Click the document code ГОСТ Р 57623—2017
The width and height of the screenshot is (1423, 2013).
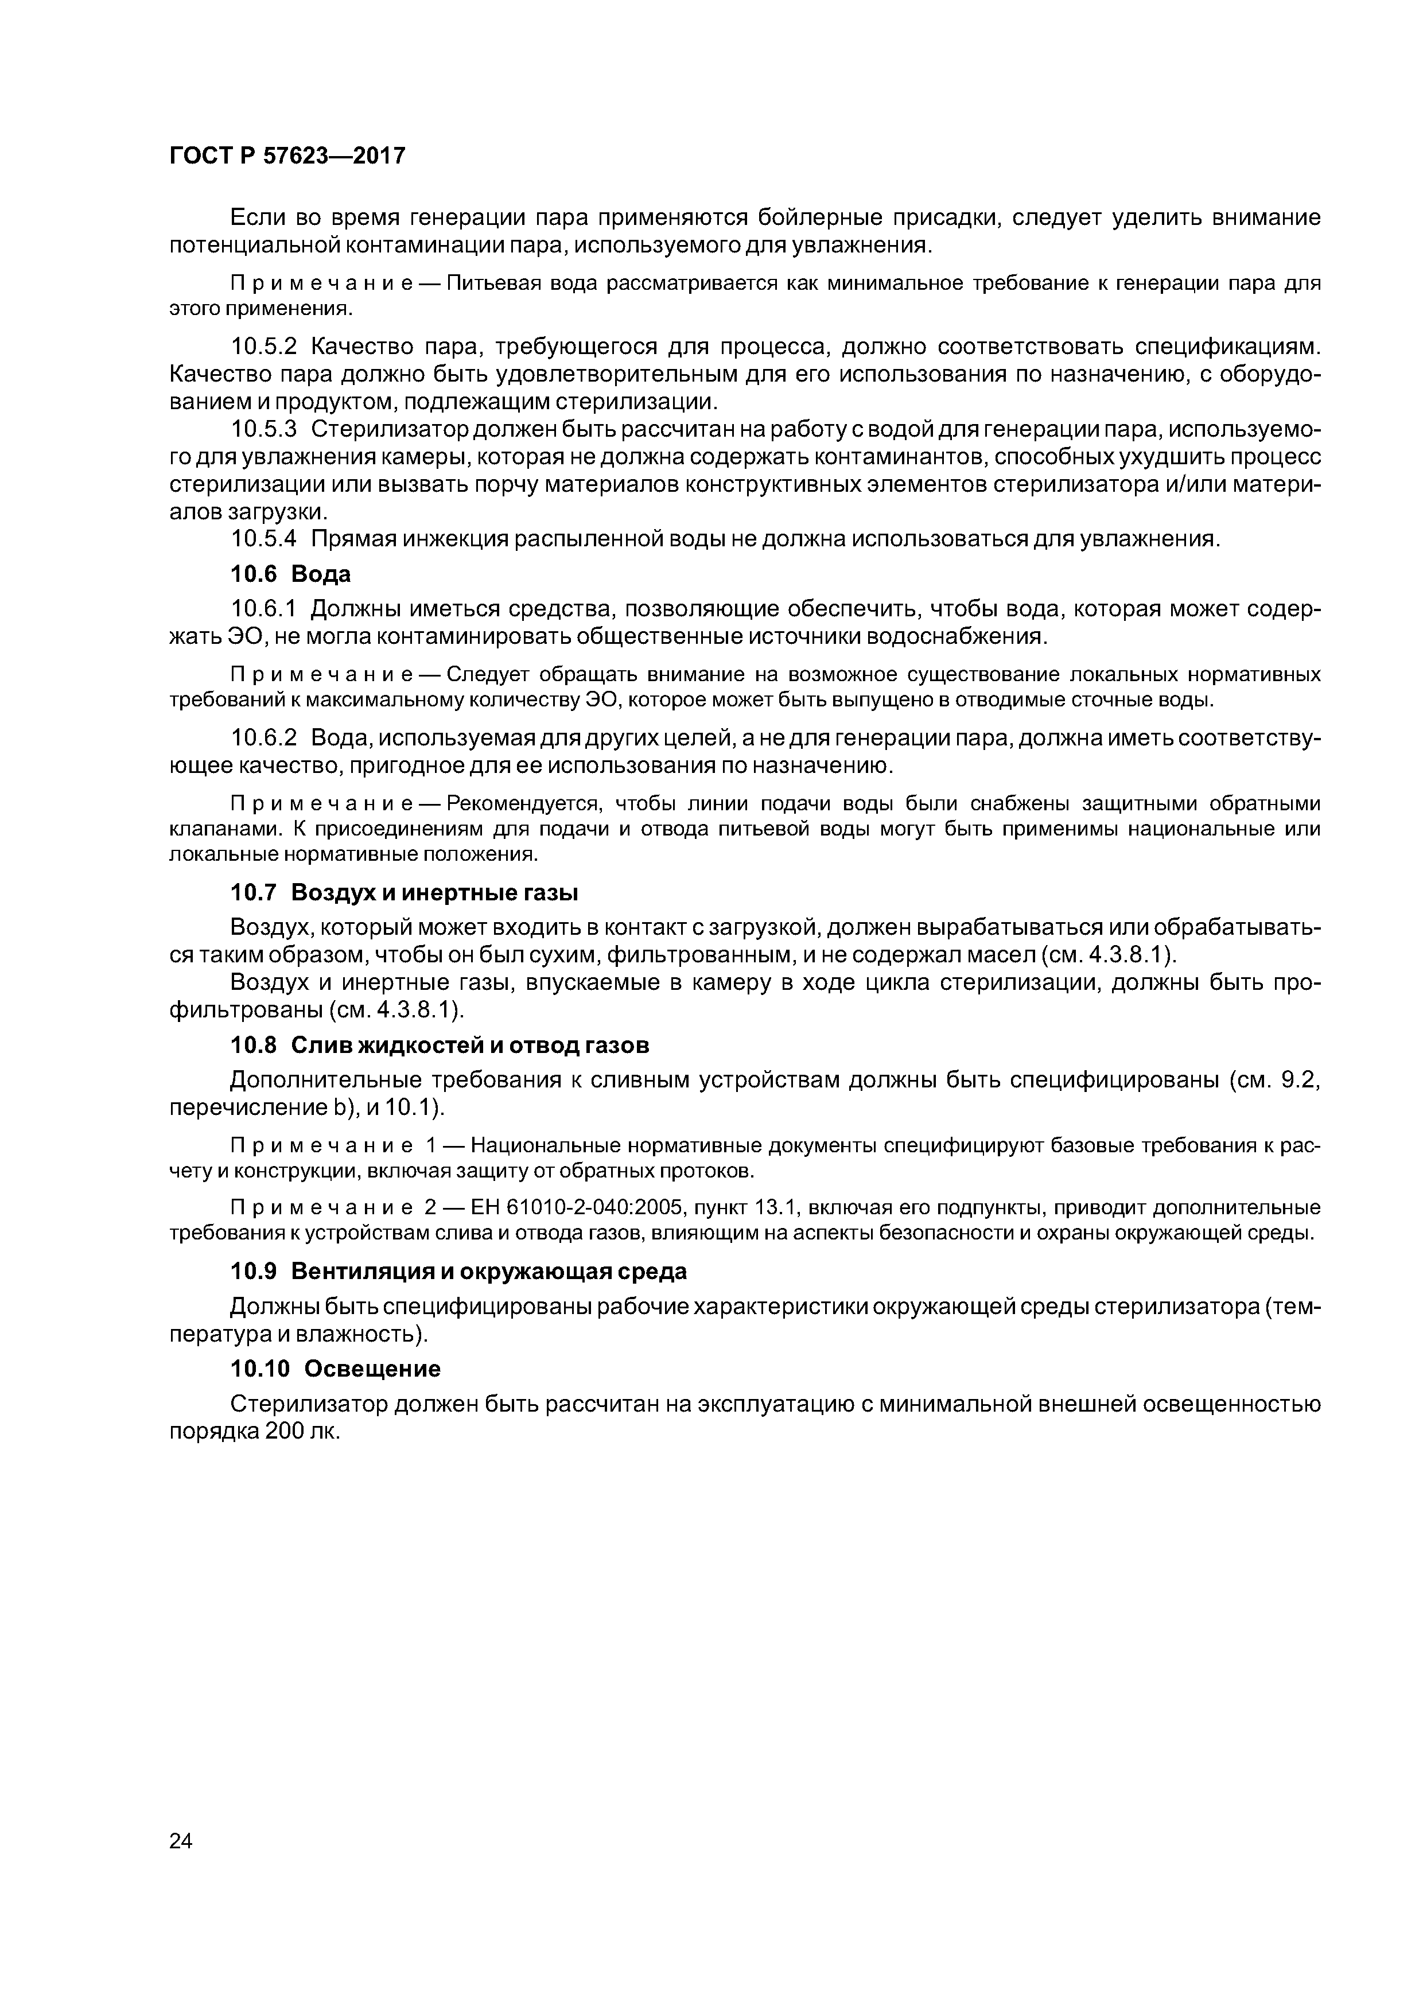(287, 156)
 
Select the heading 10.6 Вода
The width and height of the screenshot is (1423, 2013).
(290, 574)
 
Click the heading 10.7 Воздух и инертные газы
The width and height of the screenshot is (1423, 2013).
(404, 892)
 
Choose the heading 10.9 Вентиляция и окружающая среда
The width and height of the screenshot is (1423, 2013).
(458, 1271)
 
